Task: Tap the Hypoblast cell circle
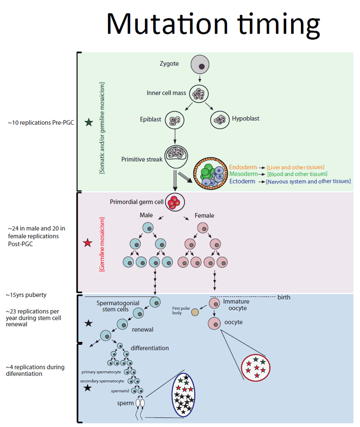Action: pos(220,119)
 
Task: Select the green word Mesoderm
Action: pos(243,174)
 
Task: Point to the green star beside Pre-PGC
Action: pos(88,122)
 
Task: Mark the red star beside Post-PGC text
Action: pos(87,244)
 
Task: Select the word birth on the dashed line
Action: pos(284,297)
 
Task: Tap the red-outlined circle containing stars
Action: pos(256,368)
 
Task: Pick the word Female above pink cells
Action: pos(204,216)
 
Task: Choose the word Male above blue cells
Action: pos(147,216)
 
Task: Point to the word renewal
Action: pos(143,329)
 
